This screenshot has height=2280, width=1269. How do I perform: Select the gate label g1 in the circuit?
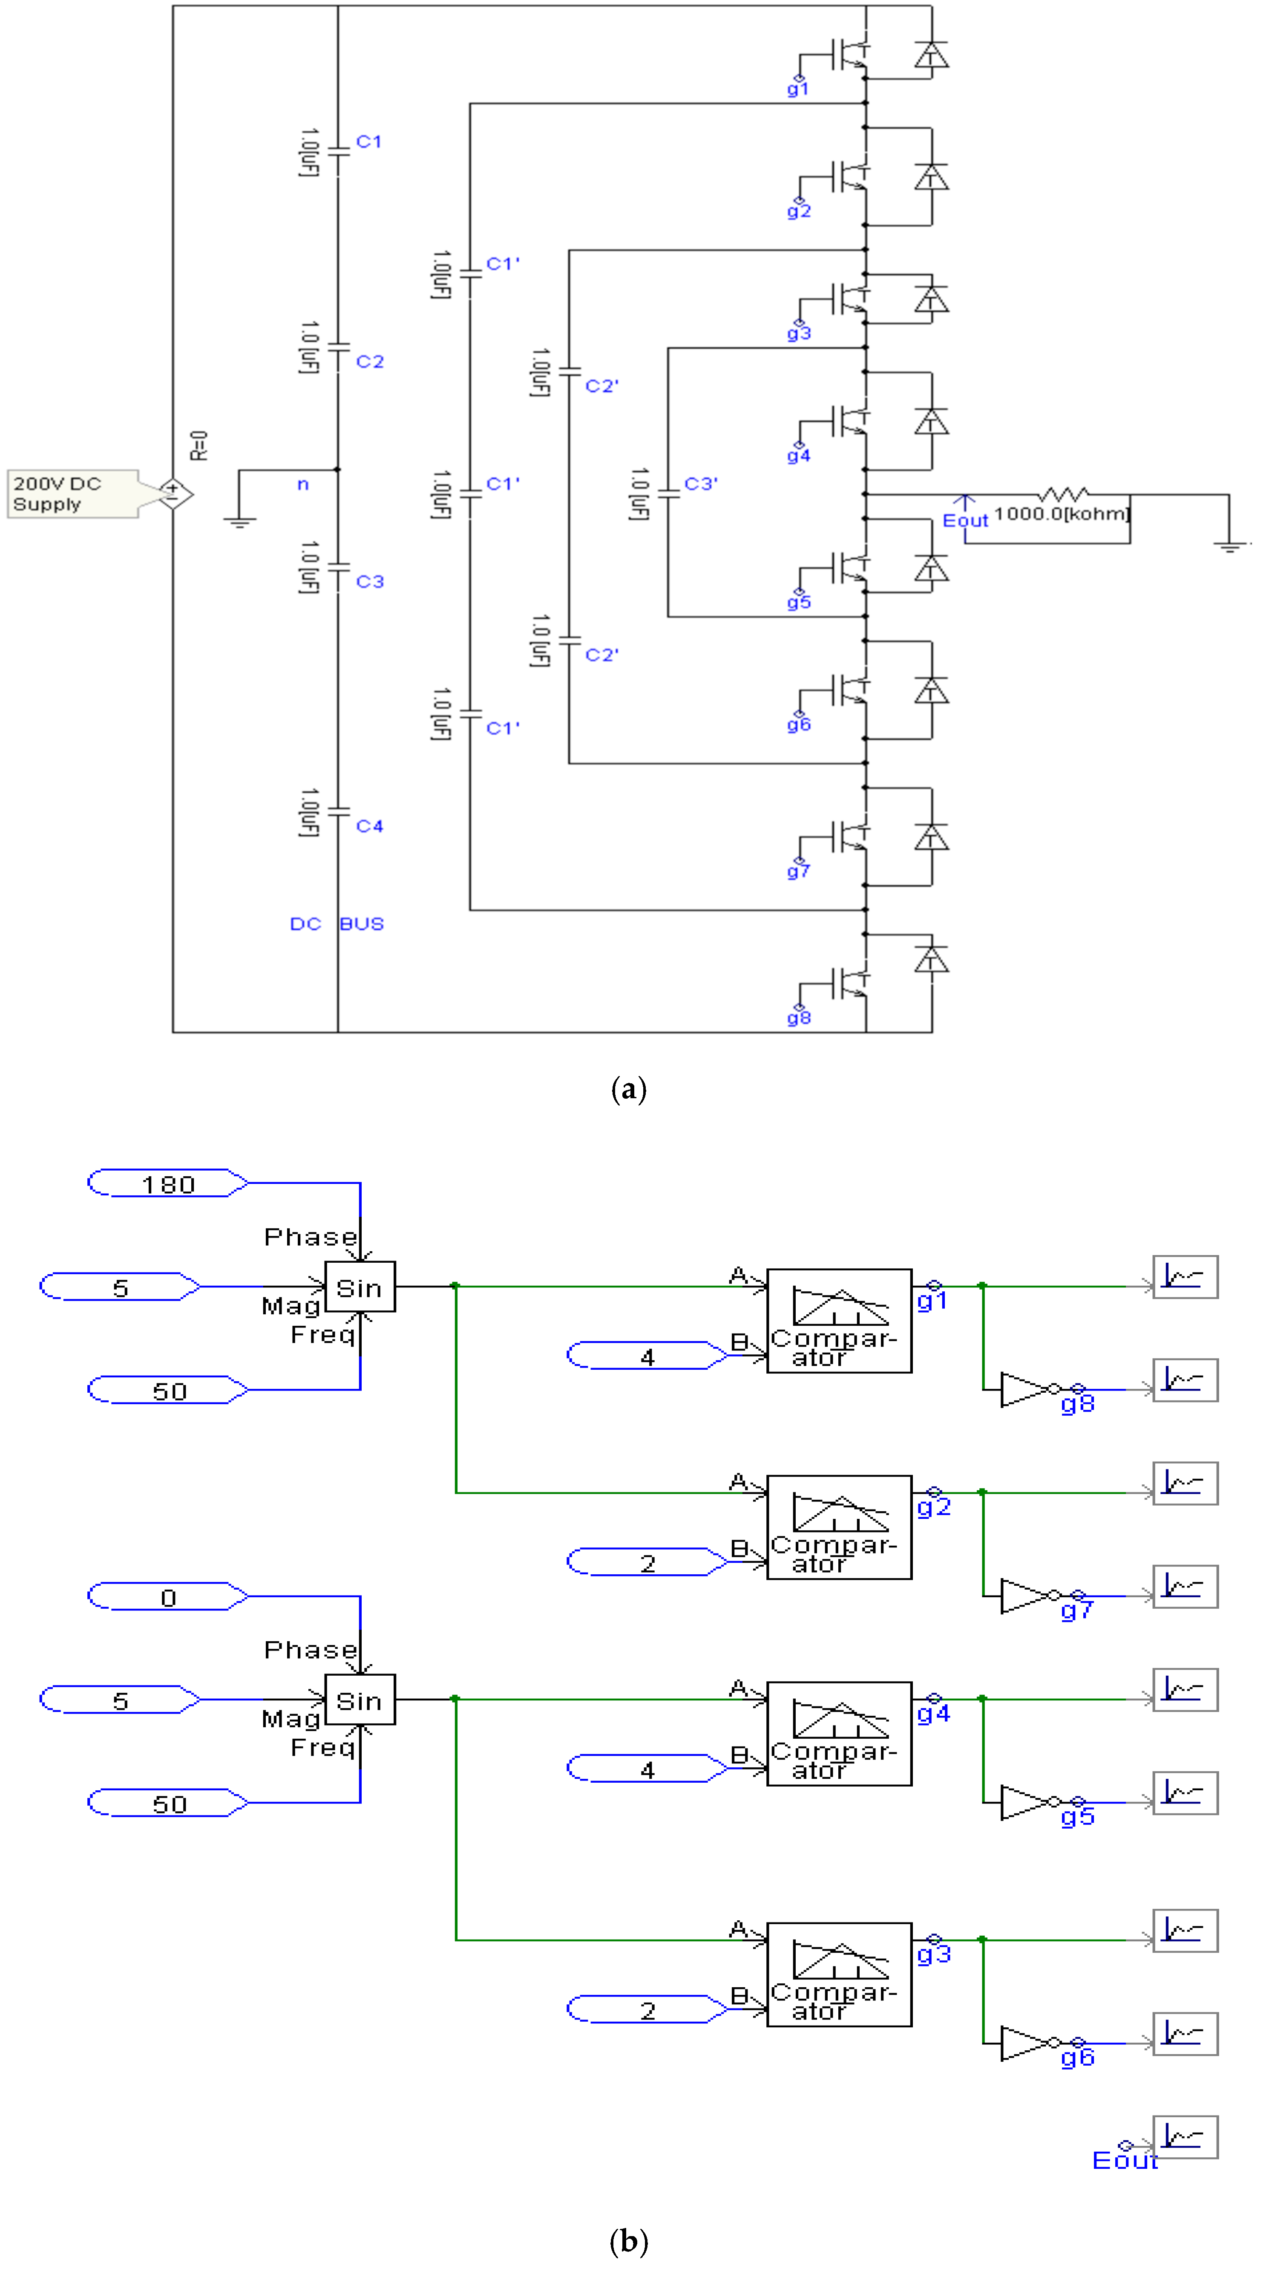(x=797, y=89)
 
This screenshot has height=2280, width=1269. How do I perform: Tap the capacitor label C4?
(x=369, y=826)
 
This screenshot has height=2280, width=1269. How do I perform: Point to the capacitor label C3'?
(x=700, y=483)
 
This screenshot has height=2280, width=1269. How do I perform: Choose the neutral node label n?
(x=302, y=484)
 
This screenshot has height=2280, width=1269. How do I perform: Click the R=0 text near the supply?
(x=199, y=445)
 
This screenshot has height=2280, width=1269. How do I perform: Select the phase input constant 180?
(x=168, y=1184)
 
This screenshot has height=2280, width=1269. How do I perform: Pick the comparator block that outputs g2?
(x=838, y=1527)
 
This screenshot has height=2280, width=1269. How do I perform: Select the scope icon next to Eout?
(x=1185, y=2138)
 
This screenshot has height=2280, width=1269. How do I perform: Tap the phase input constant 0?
(x=168, y=1598)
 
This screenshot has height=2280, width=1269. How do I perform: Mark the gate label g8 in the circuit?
(x=798, y=1018)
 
